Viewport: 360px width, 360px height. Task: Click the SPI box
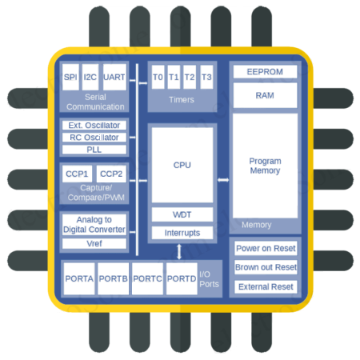[x=70, y=78]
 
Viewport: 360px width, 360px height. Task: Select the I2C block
[x=90, y=78]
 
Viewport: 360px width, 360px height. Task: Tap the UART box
[x=114, y=78]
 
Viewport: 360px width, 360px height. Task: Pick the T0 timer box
[x=158, y=77]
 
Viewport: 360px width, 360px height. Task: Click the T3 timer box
[x=206, y=77]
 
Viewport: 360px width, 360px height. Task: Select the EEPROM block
[x=265, y=72]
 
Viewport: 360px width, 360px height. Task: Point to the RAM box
[x=265, y=94]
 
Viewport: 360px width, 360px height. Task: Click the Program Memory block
[x=265, y=165]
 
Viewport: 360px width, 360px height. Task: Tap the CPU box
[x=182, y=165]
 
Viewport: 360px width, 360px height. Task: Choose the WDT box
[x=182, y=214]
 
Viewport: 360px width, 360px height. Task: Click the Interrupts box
[x=182, y=233]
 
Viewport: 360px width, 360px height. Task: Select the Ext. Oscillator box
[x=94, y=125]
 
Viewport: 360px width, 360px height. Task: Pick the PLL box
[x=94, y=149]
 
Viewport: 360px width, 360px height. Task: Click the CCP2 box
[x=111, y=174]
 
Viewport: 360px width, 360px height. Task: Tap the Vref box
[x=94, y=243]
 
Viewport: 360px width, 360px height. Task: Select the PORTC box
[x=147, y=278]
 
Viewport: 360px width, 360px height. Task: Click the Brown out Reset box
[x=266, y=267]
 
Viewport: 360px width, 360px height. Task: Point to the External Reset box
[x=266, y=286]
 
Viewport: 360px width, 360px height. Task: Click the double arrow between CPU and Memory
[x=222, y=179]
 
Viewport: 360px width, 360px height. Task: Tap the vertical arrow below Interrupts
[x=179, y=250]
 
